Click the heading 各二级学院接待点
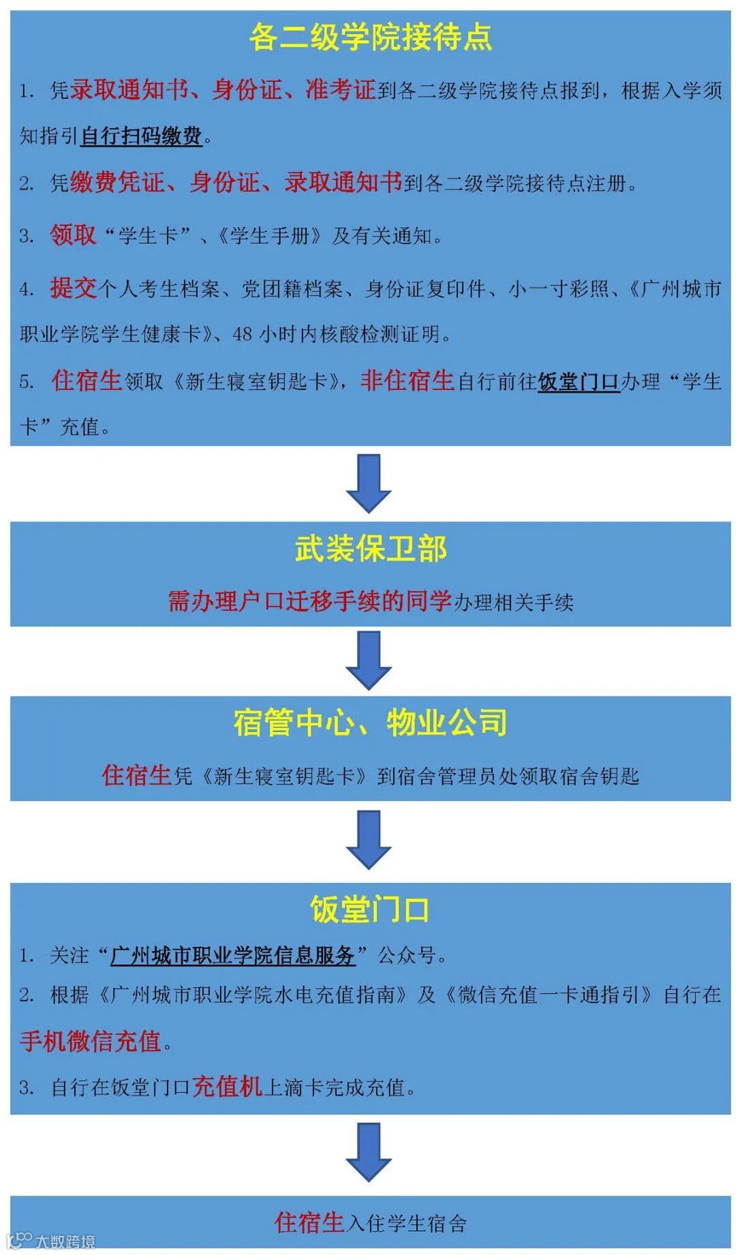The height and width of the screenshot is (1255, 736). pyautogui.click(x=370, y=37)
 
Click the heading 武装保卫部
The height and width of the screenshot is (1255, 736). pyautogui.click(x=370, y=549)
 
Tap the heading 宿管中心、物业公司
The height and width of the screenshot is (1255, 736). pyautogui.click(x=370, y=723)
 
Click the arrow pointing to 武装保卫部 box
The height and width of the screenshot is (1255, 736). pyautogui.click(x=369, y=483)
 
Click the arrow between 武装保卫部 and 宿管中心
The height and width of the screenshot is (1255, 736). pyautogui.click(x=369, y=660)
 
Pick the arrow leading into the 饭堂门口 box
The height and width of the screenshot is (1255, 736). pyautogui.click(x=369, y=839)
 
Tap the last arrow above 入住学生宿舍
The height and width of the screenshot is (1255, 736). pyautogui.click(x=369, y=1152)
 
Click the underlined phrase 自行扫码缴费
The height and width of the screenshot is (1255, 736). pyautogui.click(x=141, y=136)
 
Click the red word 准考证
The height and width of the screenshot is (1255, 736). pyautogui.click(x=341, y=89)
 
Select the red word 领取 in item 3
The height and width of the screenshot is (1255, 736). pyautogui.click(x=73, y=235)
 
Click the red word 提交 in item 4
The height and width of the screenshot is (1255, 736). pyautogui.click(x=73, y=288)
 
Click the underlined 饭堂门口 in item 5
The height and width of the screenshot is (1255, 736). pyautogui.click(x=579, y=382)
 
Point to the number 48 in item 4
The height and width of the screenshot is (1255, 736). pyautogui.click(x=243, y=335)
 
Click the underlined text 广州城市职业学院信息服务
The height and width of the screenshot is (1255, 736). pyautogui.click(x=232, y=956)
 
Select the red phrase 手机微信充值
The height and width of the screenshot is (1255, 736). pyautogui.click(x=90, y=1042)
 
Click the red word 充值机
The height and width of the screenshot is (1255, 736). pyautogui.click(x=227, y=1087)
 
